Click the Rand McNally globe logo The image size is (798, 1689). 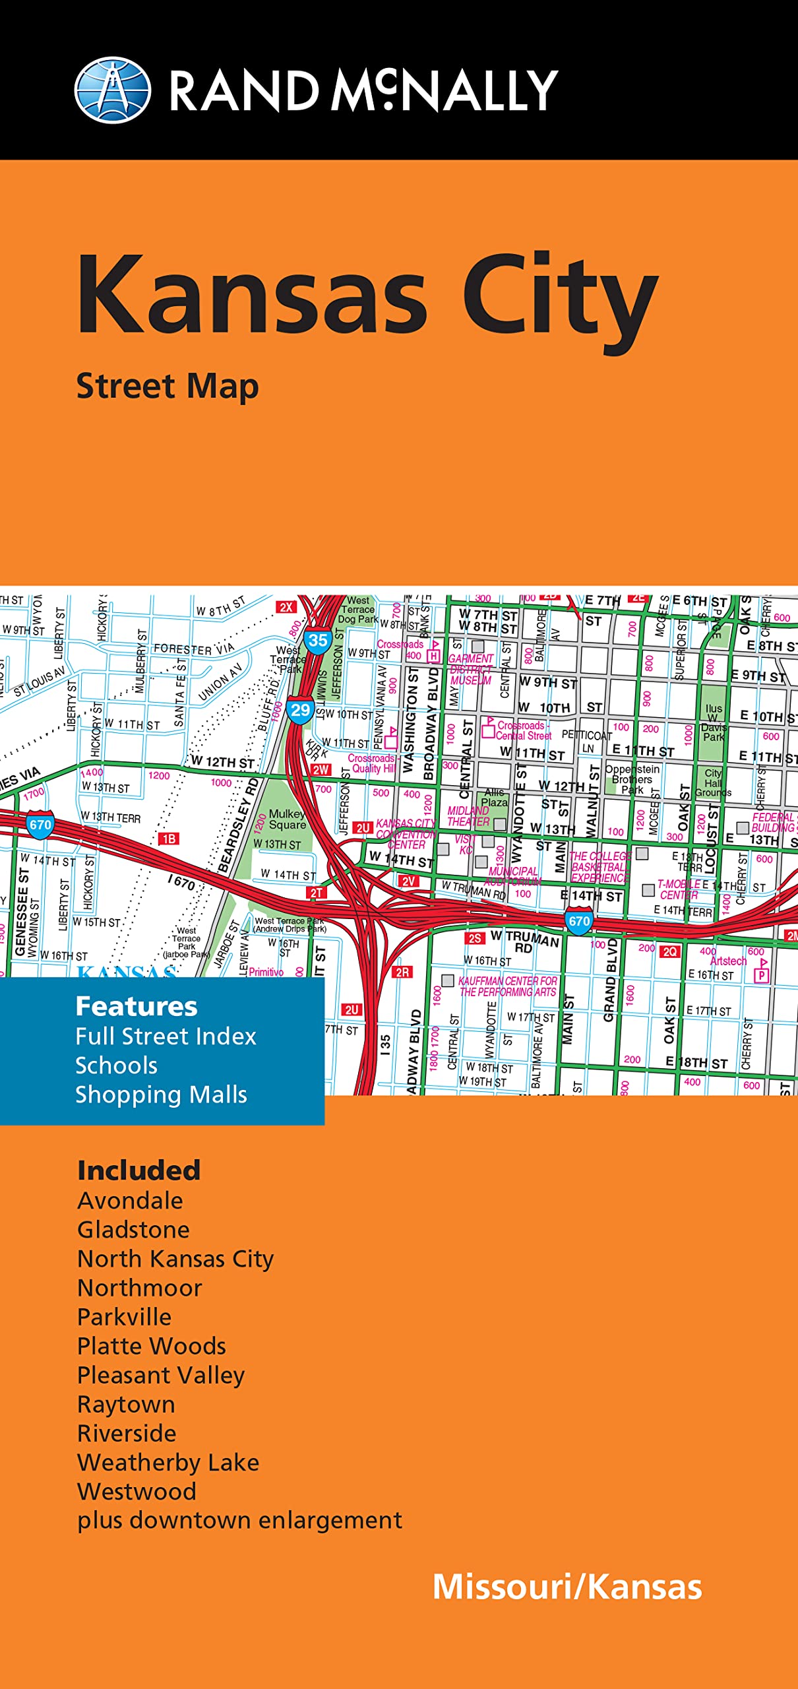coord(112,90)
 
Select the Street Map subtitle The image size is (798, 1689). coord(168,387)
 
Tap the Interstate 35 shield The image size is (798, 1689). coord(318,640)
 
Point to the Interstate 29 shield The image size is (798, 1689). coord(300,710)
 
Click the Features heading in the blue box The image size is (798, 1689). coord(137,1007)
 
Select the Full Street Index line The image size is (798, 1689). coord(166,1036)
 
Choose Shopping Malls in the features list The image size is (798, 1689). coord(161,1095)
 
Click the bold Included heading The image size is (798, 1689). coord(138,1170)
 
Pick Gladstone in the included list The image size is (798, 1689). coord(133,1230)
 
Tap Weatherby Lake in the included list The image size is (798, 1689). coord(168,1463)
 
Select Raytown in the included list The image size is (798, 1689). coord(126,1405)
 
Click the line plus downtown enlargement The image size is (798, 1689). coord(239,1520)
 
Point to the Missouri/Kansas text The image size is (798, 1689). coord(567,1587)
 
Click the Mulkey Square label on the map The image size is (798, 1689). coord(288,819)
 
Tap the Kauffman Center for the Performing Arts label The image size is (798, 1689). coord(507,986)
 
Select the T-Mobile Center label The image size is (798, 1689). coord(679,889)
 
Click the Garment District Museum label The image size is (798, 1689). coord(471,669)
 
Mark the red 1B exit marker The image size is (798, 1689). coord(168,839)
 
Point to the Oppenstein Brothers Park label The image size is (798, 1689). coord(632,779)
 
